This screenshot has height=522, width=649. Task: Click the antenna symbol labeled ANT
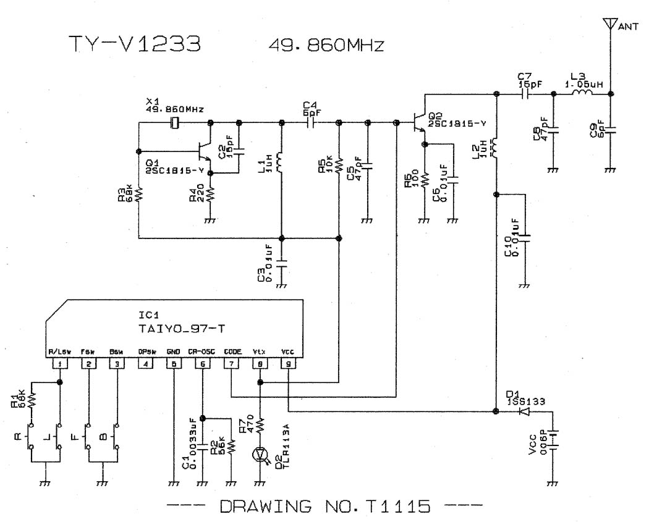610,25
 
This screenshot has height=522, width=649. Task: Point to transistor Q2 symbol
420,123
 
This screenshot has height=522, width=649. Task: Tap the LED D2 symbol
261,455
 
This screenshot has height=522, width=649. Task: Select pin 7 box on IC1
231,364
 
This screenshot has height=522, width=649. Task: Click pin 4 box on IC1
145,364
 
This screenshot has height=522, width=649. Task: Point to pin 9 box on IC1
289,364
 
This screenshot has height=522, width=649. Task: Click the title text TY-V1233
134,44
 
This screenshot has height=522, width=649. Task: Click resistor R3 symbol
140,194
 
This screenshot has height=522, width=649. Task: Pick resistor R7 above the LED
260,425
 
